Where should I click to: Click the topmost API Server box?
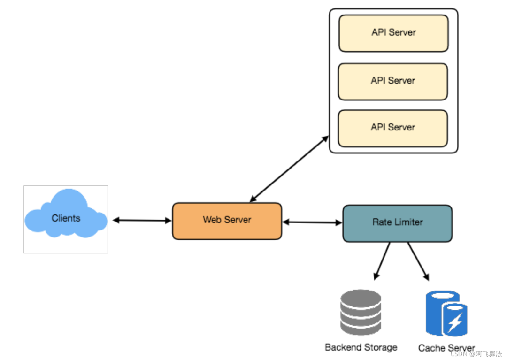pos(393,33)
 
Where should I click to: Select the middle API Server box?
pos(393,81)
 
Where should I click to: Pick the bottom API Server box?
pos(393,128)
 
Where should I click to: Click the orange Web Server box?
pos(227,221)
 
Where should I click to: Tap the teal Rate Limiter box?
pos(397,223)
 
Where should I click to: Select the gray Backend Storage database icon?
pos(360,312)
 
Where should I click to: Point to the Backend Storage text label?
pos(361,347)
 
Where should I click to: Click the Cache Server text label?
pos(446,348)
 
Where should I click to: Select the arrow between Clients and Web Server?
pos(142,220)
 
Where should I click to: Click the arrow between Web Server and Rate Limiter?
pos(312,222)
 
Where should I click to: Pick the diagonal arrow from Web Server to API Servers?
pos(289,169)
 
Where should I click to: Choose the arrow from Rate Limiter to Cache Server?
pos(418,261)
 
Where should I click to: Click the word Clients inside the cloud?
pos(66,218)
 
